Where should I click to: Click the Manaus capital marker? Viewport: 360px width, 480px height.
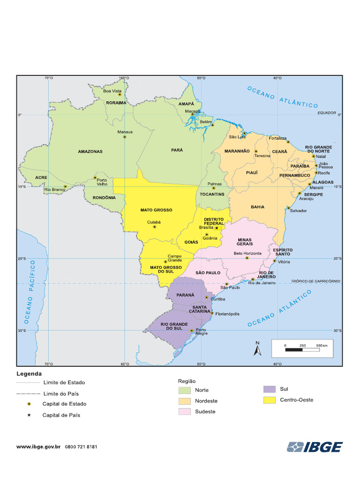point(125,136)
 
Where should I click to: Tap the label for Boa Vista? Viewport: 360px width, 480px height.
point(112,90)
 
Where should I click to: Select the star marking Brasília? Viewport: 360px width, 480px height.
point(217,228)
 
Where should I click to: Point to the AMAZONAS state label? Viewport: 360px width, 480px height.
point(90,152)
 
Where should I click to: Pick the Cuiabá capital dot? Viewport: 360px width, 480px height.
point(155,227)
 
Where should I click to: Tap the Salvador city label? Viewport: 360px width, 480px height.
point(299,210)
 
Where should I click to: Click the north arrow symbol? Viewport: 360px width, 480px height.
point(257,350)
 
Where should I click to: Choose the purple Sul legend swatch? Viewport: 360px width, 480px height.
point(269,389)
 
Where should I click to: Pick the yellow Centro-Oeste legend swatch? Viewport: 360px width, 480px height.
point(269,400)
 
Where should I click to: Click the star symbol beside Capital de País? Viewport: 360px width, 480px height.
point(29,415)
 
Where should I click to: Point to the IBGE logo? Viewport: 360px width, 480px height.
point(315,447)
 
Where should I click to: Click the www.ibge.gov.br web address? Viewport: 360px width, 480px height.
point(39,447)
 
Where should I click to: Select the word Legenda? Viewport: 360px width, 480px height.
point(29,374)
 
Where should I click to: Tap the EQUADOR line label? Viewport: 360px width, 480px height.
point(327,113)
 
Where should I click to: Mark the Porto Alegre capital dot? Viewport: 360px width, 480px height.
point(192,330)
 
